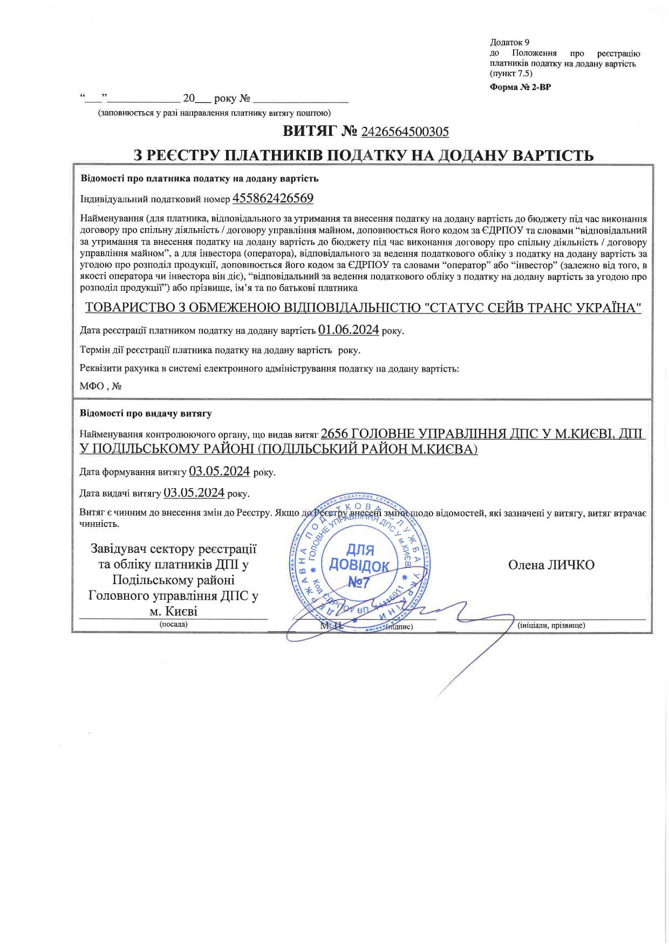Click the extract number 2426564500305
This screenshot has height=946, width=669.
pyautogui.click(x=405, y=132)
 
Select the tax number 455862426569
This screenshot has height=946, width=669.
pyautogui.click(x=272, y=198)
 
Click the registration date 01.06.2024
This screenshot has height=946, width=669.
pyautogui.click(x=349, y=330)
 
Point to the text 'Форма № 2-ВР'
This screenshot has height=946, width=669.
pyautogui.click(x=520, y=87)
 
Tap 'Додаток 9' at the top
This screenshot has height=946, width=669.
pyautogui.click(x=510, y=42)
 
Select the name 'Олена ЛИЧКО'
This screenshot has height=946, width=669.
pyautogui.click(x=551, y=565)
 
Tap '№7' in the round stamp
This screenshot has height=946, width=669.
pyautogui.click(x=358, y=582)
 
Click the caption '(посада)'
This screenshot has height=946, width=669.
pyautogui.click(x=173, y=625)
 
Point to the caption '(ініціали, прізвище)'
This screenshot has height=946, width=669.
pyautogui.click(x=551, y=626)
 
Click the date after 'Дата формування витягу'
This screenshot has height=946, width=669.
pyautogui.click(x=219, y=471)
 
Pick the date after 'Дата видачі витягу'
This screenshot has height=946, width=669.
pyautogui.click(x=194, y=492)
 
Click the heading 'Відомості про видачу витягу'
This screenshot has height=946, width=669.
pyautogui.click(x=146, y=414)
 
